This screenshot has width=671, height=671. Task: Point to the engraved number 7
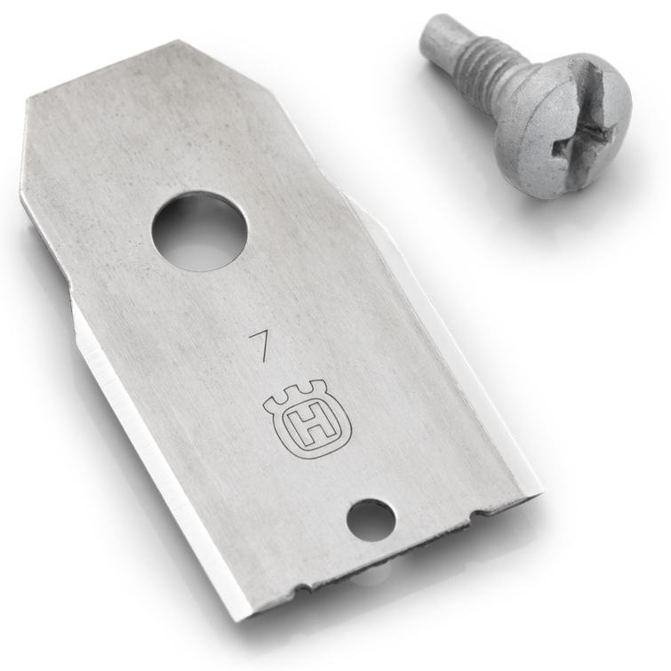point(259,342)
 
